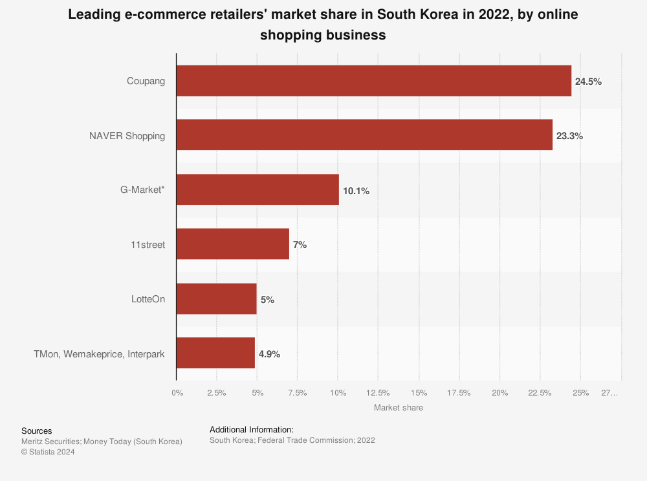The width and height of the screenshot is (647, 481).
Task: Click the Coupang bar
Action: [373, 81]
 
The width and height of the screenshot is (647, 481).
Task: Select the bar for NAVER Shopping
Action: [364, 135]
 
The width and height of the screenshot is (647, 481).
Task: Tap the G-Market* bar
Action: [258, 190]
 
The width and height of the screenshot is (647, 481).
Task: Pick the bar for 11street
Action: [232, 244]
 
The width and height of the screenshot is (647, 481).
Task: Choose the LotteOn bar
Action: [216, 298]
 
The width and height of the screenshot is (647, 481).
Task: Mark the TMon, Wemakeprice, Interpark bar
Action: [215, 353]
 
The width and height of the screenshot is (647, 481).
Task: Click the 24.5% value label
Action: [588, 82]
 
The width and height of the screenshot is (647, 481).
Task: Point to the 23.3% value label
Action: [569, 136]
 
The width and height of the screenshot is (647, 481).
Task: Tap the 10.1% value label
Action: [356, 191]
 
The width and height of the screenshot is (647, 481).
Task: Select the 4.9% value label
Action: [269, 354]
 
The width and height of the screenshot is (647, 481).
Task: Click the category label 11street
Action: [148, 245]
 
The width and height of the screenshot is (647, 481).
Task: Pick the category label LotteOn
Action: [148, 299]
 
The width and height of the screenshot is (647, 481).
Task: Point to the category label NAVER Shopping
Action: [127, 136]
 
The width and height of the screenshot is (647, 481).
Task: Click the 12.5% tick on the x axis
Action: [378, 393]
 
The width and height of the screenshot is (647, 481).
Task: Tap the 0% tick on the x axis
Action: [177, 393]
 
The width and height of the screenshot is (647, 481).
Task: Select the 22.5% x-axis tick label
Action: [540, 393]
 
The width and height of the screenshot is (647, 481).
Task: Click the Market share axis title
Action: [399, 408]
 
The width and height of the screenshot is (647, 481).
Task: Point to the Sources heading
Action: [37, 431]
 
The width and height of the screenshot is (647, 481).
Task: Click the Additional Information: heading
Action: [252, 429]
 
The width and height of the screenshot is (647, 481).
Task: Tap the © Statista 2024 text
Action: [48, 452]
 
